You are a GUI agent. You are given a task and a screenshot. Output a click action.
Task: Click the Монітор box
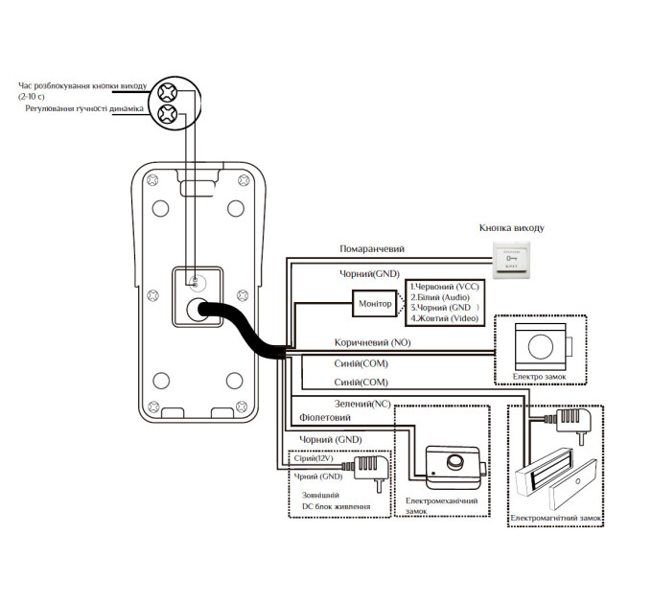click(375, 304)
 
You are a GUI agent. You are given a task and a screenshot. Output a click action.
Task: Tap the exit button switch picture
click(511, 260)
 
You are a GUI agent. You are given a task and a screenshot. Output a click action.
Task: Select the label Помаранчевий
click(372, 249)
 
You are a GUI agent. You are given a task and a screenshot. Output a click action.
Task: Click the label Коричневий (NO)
click(373, 342)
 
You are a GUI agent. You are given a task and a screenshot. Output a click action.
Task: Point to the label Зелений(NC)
click(362, 404)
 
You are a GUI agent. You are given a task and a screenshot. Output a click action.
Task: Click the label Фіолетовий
click(325, 417)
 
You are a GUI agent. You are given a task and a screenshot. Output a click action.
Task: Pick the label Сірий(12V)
click(314, 458)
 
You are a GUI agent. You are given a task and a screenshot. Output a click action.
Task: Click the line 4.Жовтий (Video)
click(445, 318)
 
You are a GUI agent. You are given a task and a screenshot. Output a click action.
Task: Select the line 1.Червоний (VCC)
click(445, 287)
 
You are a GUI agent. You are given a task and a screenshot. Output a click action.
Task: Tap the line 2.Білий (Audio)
click(440, 297)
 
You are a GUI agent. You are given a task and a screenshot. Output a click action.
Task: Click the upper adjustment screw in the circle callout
click(167, 93)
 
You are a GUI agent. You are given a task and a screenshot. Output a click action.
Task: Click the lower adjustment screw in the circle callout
click(167, 113)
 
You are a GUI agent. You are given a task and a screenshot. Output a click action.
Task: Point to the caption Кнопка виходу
click(511, 228)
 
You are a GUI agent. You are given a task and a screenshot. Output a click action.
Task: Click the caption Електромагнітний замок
click(556, 519)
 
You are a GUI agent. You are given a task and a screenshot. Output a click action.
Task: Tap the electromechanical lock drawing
click(455, 467)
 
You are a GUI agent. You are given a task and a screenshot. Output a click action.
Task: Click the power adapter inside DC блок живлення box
click(371, 473)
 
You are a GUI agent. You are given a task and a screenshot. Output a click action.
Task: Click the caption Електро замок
click(539, 377)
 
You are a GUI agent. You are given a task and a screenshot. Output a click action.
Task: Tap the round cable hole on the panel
click(198, 310)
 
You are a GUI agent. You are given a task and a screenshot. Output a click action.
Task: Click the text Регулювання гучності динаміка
click(84, 108)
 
